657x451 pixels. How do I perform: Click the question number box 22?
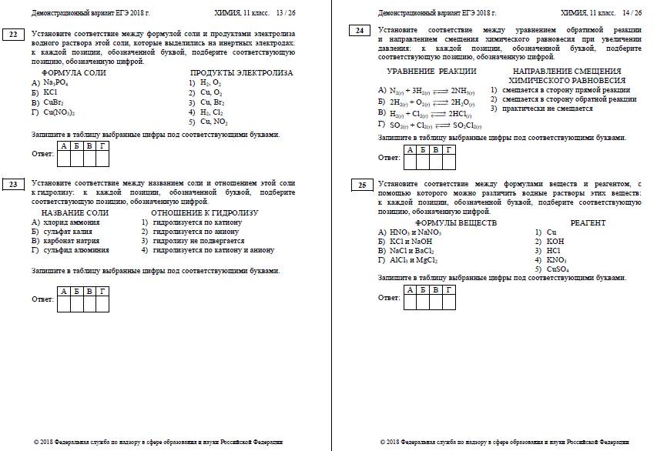coord(15,33)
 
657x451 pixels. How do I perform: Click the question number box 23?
coord(15,185)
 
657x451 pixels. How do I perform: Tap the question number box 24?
coord(360,30)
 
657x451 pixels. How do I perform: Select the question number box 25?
coord(360,185)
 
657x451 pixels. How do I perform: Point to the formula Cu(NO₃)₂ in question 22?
coord(59,112)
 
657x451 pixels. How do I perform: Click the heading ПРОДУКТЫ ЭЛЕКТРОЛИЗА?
coord(241,72)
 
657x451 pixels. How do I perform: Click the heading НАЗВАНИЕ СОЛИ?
coord(75,212)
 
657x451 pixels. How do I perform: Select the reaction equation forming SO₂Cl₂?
coord(436,125)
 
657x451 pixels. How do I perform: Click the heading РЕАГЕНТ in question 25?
coord(588,223)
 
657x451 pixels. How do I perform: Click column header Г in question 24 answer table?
coord(448,149)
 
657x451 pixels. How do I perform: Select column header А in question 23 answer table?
coord(64,291)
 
